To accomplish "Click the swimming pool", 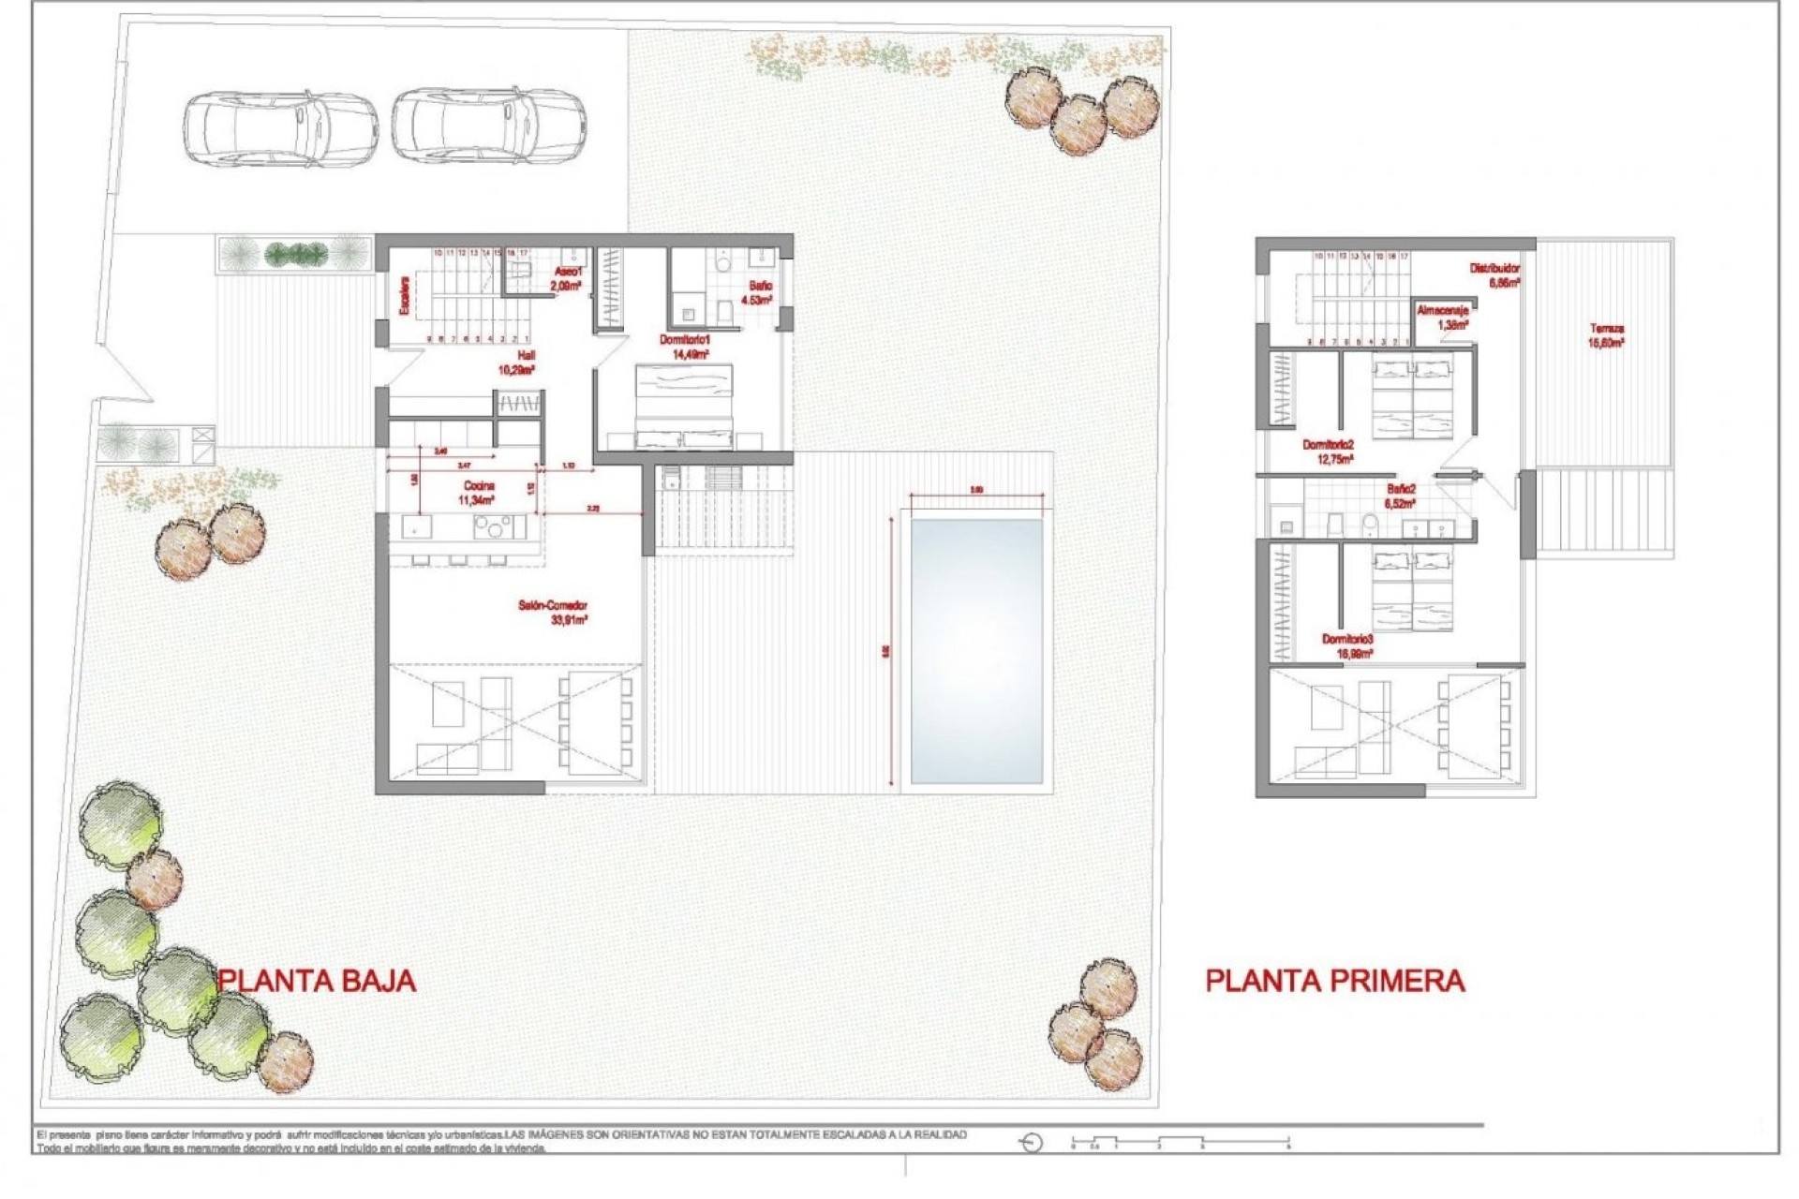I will click(x=976, y=651).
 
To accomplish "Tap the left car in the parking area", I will click(x=280, y=128).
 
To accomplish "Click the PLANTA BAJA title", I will click(x=317, y=981).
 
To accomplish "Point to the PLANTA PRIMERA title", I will click(x=1334, y=981).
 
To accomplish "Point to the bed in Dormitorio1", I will click(x=684, y=407).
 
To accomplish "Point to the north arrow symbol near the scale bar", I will click(x=1032, y=1143).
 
